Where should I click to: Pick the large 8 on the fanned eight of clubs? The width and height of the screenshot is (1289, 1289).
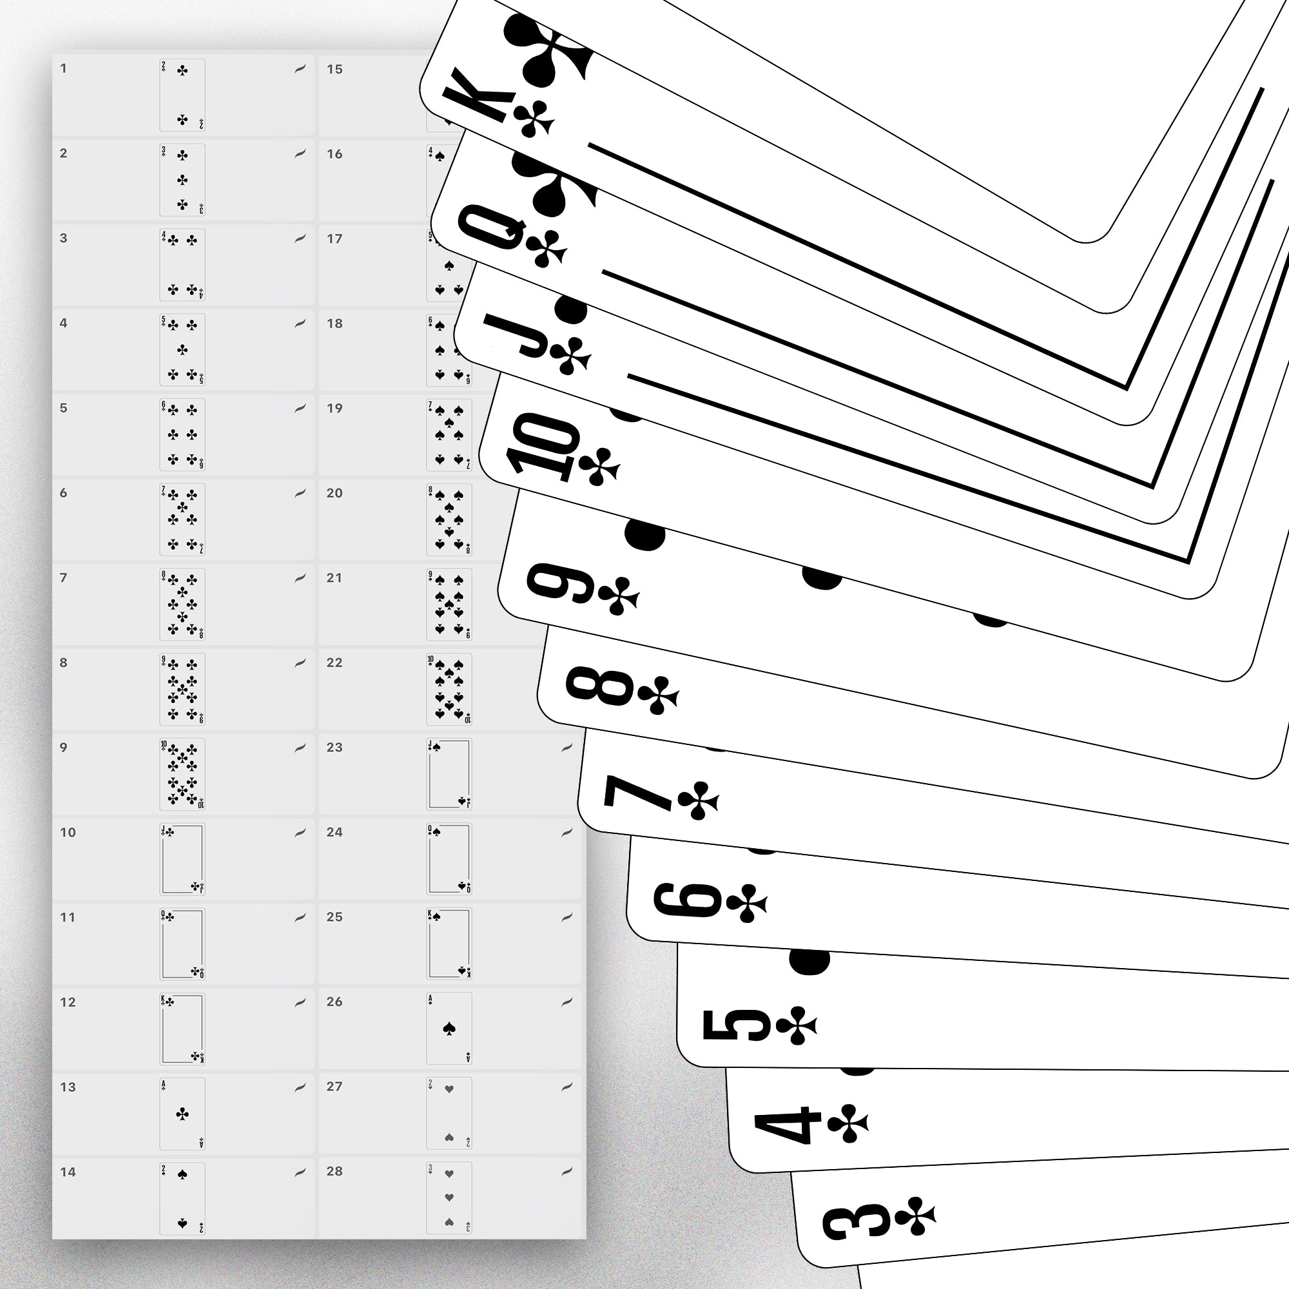[599, 685]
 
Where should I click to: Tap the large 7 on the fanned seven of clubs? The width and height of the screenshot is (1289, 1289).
[637, 792]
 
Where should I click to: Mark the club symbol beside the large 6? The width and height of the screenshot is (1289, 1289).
[747, 904]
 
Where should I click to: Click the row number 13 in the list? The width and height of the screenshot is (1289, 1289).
[68, 1087]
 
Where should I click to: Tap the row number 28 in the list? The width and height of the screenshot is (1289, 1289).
[335, 1172]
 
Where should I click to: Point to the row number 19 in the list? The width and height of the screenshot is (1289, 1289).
[335, 409]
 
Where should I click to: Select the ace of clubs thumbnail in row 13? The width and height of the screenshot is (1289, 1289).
[182, 1114]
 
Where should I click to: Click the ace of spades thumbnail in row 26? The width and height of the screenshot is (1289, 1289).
[449, 1029]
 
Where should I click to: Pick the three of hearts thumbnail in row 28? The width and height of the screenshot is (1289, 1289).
[449, 1197]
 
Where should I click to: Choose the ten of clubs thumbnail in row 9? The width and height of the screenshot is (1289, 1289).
[182, 774]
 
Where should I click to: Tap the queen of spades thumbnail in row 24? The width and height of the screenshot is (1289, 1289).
[449, 858]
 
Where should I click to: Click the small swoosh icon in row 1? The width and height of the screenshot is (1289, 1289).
[300, 69]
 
